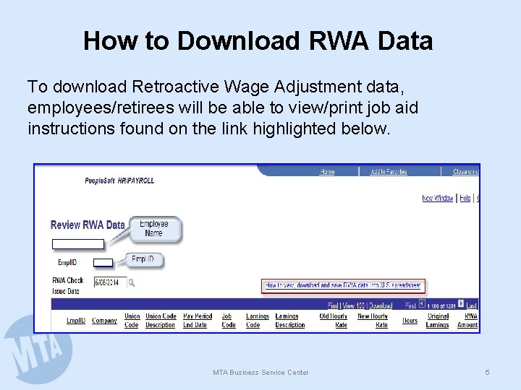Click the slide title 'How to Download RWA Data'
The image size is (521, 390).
coord(258,40)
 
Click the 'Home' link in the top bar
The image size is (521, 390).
coord(327,172)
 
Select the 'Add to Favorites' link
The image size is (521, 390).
coord(389,172)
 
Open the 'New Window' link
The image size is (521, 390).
coord(438,198)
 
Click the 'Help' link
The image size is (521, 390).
coord(465,198)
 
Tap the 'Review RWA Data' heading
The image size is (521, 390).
coord(88,225)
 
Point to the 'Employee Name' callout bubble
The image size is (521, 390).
coord(153,228)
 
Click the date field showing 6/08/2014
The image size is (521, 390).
coord(109,282)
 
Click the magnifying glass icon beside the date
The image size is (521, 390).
coord(132,282)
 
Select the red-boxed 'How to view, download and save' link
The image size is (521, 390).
coord(343,286)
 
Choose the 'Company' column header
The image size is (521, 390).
coord(104,321)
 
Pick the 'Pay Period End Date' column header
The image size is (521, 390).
coord(198,321)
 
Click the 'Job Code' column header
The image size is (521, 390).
coord(229,321)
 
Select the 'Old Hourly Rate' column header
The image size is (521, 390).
coord(334,321)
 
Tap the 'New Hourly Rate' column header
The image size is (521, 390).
coord(373,321)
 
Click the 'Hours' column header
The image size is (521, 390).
coord(410,321)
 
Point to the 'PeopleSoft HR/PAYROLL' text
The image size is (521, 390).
coord(119,181)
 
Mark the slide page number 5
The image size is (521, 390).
coord(487,372)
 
